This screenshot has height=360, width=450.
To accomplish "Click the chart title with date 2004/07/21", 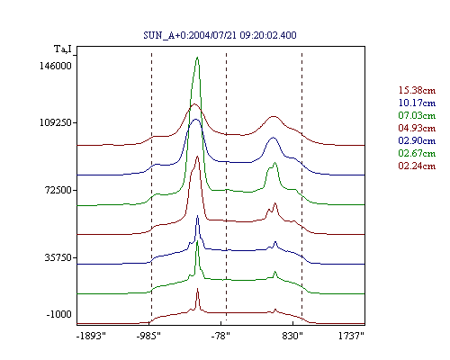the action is tap(220, 35).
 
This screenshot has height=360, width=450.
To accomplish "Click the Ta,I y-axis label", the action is tap(63, 49).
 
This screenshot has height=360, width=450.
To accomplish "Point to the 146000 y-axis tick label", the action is tap(56, 66).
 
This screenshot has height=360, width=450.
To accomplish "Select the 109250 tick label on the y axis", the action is tap(56, 122).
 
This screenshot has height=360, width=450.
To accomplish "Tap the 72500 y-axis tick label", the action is tap(58, 190).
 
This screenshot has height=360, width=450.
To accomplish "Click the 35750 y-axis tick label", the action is tap(58, 257).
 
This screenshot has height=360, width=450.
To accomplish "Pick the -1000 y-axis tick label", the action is tap(59, 314).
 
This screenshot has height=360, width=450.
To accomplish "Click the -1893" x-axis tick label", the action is tap(92, 336).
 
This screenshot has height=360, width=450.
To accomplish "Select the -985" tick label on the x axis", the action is tap(148, 336).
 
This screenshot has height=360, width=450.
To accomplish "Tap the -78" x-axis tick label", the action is tap(220, 336).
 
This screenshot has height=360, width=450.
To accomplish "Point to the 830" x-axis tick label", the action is tap(292, 336).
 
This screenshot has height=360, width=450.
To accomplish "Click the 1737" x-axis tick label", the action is tap(351, 336).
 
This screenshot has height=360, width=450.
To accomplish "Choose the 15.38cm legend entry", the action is tap(417, 90).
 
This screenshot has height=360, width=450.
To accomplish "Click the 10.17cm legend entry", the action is tap(417, 103).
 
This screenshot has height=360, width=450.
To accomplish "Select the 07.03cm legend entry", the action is tap(417, 115).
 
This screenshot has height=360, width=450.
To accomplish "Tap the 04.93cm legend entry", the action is tap(417, 128).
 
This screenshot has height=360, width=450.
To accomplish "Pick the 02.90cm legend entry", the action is tap(417, 140).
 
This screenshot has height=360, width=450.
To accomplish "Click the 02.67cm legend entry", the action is tap(417, 153).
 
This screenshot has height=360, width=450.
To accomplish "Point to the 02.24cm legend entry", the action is tap(417, 166).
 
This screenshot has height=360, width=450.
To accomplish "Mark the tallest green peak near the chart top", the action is tap(197, 58).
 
